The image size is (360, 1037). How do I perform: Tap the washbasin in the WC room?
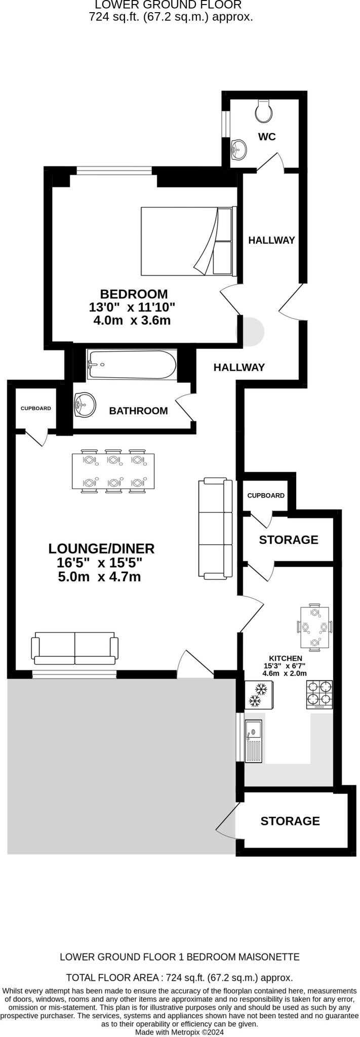coord(238,149)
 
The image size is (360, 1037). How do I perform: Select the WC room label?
coord(267,137)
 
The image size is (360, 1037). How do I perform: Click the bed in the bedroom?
coord(188,241)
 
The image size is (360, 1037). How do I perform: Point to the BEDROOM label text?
coord(134,294)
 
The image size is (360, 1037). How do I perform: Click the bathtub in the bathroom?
coord(132,364)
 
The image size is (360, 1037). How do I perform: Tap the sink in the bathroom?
coord(85,405)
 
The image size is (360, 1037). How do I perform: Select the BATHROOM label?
coord(138,411)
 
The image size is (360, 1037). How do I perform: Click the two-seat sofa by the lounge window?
coord(75,648)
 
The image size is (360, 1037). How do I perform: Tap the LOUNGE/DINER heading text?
coord(101,548)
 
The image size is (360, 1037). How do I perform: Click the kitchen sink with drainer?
coord(253,741)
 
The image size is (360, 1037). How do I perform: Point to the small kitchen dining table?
coord(314,627)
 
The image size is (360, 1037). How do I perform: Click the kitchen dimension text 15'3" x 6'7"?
coord(284,666)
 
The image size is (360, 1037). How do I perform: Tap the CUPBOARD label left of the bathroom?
coord(35,408)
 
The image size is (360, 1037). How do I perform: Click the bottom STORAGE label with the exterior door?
coord(290,821)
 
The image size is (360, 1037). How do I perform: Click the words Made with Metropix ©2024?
coord(179,1031)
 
